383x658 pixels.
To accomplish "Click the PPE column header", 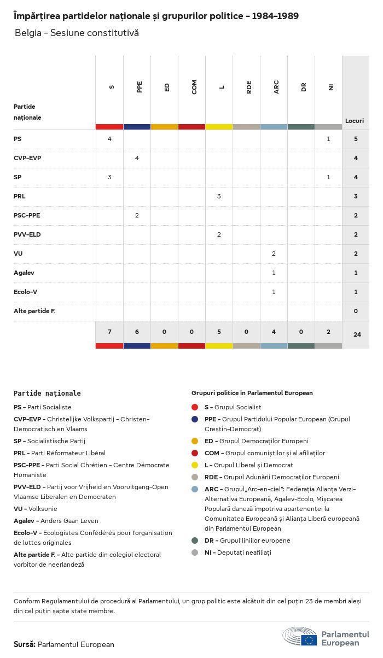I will pyautogui.click(x=140, y=87).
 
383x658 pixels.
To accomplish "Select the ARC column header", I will pyautogui.click(x=276, y=87).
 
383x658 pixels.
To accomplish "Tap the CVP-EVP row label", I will pyautogui.click(x=27, y=158).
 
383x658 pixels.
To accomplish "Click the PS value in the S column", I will pyautogui.click(x=109, y=139).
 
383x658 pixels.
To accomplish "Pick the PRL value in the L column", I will pyautogui.click(x=219, y=196).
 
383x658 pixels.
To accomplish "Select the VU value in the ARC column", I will pyautogui.click(x=274, y=254).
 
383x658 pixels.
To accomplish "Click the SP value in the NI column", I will pyautogui.click(x=328, y=177).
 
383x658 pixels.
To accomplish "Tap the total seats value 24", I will pyautogui.click(x=357, y=334).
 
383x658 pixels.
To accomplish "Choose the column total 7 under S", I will pyautogui.click(x=109, y=332).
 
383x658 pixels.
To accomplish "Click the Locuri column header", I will pyautogui.click(x=355, y=121).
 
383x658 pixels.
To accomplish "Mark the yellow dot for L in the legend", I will pyautogui.click(x=195, y=465).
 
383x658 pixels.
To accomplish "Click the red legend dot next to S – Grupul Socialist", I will pyautogui.click(x=195, y=407).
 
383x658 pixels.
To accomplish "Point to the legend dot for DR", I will pyautogui.click(x=195, y=540).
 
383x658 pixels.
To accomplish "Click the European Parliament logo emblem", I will pyautogui.click(x=299, y=637).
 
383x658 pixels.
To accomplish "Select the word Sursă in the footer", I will pyautogui.click(x=25, y=644).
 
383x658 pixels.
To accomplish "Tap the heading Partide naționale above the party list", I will pyautogui.click(x=47, y=393).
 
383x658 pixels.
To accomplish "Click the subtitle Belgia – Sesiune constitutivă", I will pyautogui.click(x=77, y=33).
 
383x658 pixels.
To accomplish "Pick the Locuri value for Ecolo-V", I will pyautogui.click(x=356, y=292).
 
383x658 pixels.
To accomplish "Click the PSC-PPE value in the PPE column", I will pyautogui.click(x=137, y=215).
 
